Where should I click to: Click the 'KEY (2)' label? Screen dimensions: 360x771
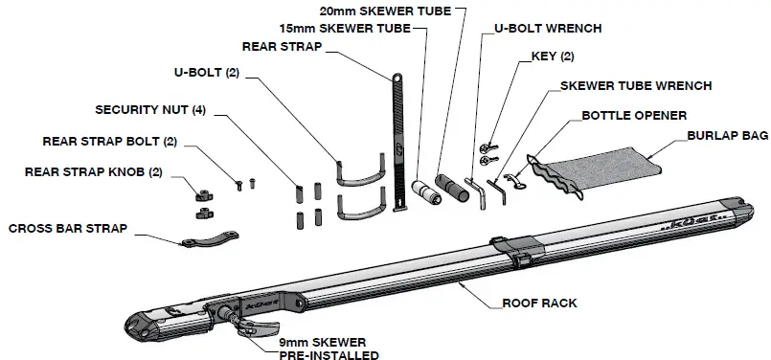click(553, 56)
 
